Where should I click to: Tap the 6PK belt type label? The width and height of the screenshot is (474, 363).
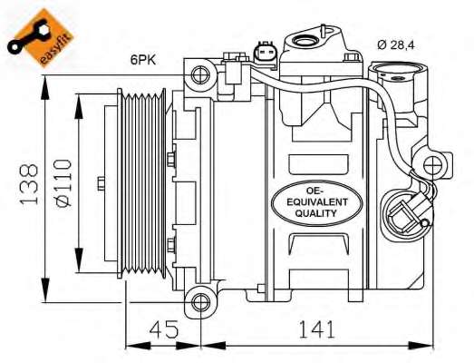pos(142,61)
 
